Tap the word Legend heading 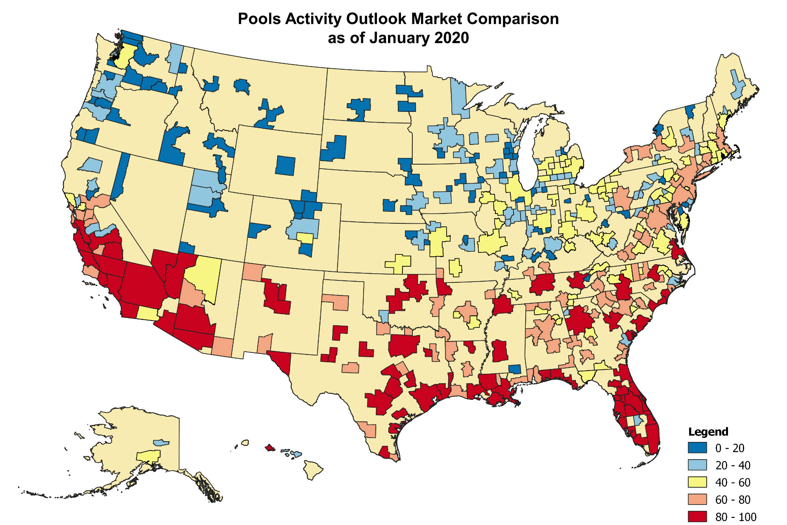click(x=708, y=432)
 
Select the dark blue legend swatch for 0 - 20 click(x=697, y=448)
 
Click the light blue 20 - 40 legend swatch click(x=697, y=465)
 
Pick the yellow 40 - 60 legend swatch click(x=697, y=482)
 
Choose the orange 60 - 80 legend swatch click(x=697, y=499)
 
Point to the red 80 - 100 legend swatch click(x=697, y=516)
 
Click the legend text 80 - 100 click(x=735, y=517)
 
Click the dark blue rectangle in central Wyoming click(x=285, y=165)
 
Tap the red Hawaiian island click(x=270, y=447)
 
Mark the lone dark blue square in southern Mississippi click(x=515, y=369)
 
